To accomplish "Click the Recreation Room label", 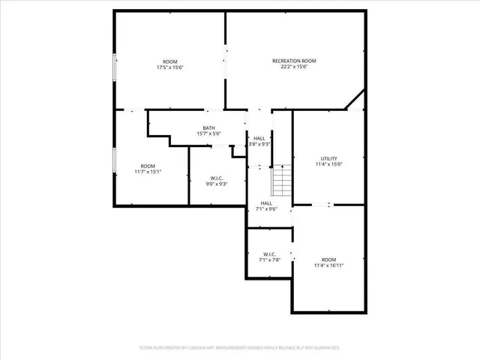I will tap(294, 61).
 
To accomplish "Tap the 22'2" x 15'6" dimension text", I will tap(294, 67).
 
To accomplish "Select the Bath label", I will tap(208, 127).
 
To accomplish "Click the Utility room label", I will tap(329, 158).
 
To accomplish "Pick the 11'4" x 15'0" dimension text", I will tap(329, 165).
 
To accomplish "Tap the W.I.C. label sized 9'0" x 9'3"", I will tap(217, 178).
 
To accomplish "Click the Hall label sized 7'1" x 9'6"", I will tap(266, 203).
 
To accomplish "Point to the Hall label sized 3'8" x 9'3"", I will tap(259, 139).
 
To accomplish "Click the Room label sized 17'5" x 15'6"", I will tap(170, 61).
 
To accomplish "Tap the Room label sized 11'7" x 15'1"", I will tap(148, 165).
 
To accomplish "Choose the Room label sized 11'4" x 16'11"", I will tap(329, 259).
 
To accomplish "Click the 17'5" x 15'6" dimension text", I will tap(170, 67).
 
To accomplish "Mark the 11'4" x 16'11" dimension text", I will tap(329, 265).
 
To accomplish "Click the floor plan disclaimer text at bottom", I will tap(240, 347).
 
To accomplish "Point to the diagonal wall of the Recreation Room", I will tap(355, 100).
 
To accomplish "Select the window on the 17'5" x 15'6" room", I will tap(114, 67).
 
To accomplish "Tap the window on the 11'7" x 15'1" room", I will tap(114, 160).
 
